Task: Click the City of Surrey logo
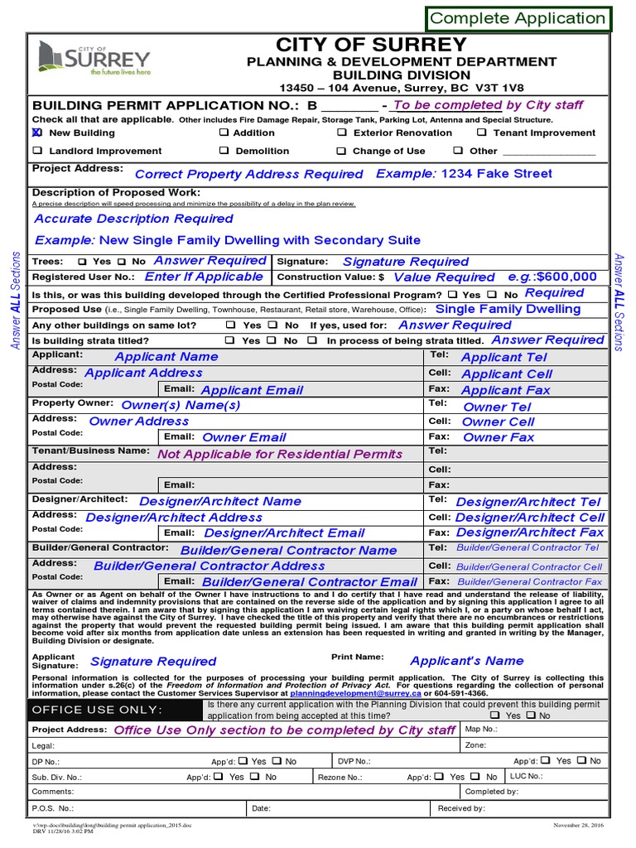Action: click(94, 60)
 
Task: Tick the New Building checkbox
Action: click(36, 132)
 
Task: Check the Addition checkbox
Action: click(224, 132)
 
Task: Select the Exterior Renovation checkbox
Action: click(342, 132)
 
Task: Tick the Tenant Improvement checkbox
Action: click(482, 132)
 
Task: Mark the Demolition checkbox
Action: click(224, 151)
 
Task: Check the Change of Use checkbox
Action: click(342, 151)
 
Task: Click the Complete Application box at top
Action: click(518, 18)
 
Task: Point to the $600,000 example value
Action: click(566, 277)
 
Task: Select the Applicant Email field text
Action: click(252, 390)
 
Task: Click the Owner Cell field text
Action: click(499, 422)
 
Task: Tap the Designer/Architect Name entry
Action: click(220, 501)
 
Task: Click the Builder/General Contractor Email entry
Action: click(310, 582)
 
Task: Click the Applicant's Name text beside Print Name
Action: click(467, 661)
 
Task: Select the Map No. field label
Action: click(481, 730)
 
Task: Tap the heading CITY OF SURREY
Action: click(371, 45)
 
